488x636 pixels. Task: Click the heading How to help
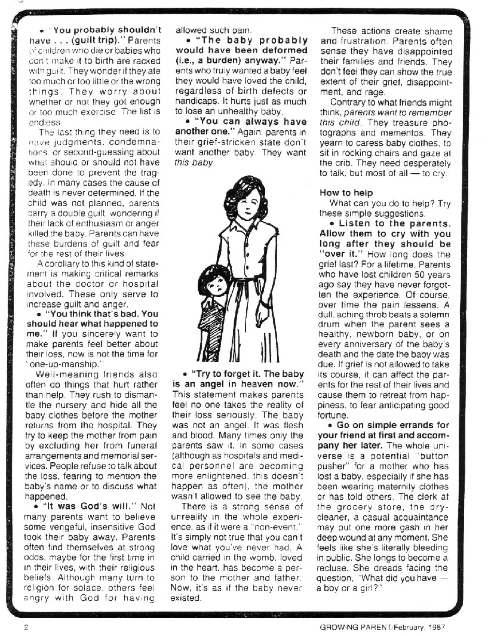[x=346, y=193]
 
